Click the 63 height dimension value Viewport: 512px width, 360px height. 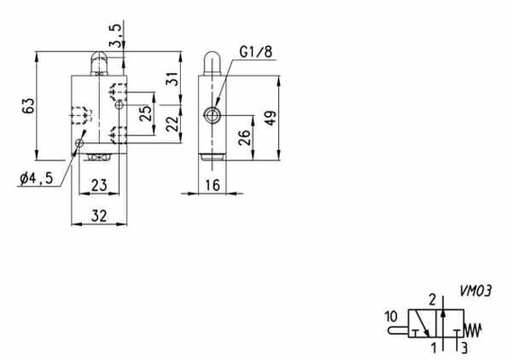[29, 105]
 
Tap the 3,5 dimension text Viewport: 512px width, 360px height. [117, 35]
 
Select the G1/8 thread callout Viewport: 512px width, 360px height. [256, 52]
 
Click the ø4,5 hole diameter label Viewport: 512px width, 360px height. [37, 178]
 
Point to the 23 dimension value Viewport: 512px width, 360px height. [99, 185]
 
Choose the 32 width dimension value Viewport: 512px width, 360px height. [99, 216]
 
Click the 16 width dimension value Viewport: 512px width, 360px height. [212, 185]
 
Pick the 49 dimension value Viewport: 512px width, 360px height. [271, 118]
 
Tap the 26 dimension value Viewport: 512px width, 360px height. [245, 137]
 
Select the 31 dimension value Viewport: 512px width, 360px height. [173, 78]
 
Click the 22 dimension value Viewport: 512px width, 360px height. [173, 124]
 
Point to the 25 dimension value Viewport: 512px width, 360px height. [146, 112]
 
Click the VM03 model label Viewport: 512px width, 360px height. [475, 291]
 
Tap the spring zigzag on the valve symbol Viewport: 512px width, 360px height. [472, 330]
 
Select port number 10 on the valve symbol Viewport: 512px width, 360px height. [391, 316]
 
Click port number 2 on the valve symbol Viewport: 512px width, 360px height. [432, 300]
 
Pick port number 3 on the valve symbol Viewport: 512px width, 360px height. [464, 347]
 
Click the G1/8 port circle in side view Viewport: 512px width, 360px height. [212, 114]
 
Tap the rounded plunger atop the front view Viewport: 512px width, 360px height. [99, 63]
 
